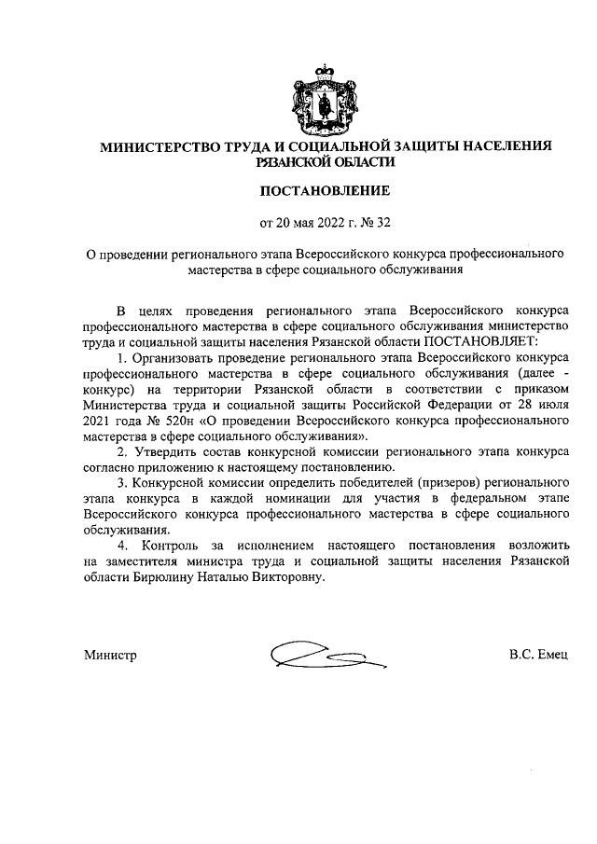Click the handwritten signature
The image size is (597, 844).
pyautogui.click(x=318, y=656)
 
